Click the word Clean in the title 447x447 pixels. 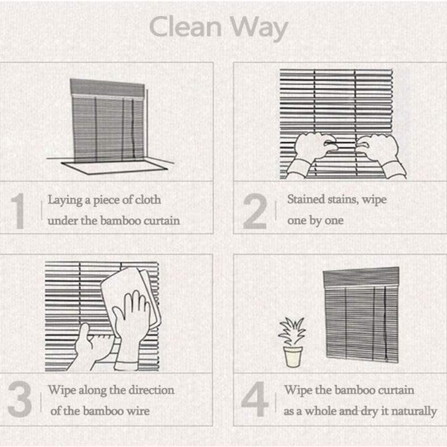(185, 27)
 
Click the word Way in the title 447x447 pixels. (259, 29)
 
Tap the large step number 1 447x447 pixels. (19, 211)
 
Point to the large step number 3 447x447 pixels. (20, 399)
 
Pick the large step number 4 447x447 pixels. (255, 399)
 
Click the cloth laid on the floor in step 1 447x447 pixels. (114, 167)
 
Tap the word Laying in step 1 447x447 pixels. (65, 201)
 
